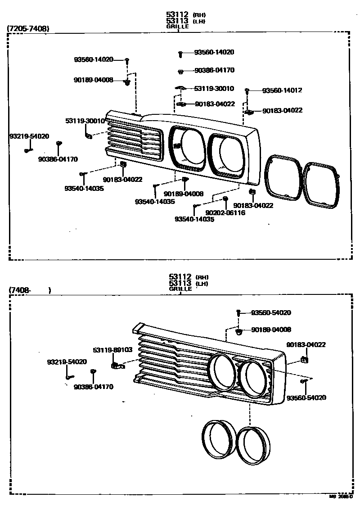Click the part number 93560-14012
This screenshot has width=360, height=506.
(282, 90)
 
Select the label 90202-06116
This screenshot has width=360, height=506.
(225, 212)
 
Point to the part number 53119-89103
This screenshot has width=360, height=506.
(112, 349)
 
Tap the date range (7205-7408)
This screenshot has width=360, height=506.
(28, 29)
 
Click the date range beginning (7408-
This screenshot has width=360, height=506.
(20, 290)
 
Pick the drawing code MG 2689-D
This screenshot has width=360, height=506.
(341, 497)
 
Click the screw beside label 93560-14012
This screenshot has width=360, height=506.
(247, 91)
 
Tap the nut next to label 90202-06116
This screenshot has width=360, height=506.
(225, 199)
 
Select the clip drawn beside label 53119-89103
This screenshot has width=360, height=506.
(116, 365)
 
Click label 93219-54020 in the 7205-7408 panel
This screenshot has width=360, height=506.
(29, 136)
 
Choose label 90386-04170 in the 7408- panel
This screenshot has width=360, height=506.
(94, 386)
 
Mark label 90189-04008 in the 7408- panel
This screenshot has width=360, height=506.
(271, 330)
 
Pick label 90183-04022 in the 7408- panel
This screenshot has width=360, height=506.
(306, 345)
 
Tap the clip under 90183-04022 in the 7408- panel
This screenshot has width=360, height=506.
(305, 359)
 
